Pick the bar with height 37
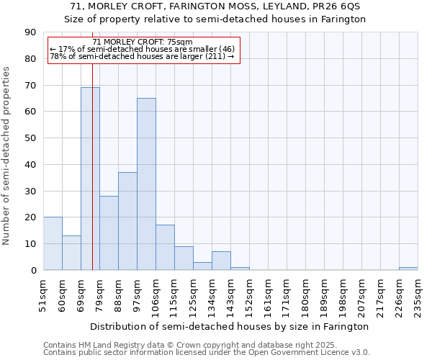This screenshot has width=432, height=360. point(127,221)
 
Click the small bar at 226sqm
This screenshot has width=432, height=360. point(408,269)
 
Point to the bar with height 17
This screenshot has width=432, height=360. point(165,248)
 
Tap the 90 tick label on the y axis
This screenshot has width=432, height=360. point(30,32)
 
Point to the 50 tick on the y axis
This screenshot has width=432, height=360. point(30,138)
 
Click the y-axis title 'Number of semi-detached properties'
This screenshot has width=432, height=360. point(7,156)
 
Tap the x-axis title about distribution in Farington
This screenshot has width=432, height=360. point(230,326)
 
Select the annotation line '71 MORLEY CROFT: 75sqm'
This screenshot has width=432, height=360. point(143,42)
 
